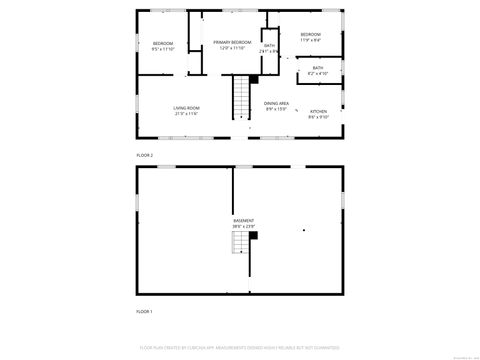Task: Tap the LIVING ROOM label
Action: click(186, 108)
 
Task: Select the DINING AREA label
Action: click(277, 104)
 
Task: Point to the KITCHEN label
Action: click(319, 111)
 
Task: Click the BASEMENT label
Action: click(244, 220)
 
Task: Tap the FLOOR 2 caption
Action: click(145, 155)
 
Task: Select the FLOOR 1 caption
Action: click(145, 312)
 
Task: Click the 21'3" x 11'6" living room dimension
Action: click(186, 114)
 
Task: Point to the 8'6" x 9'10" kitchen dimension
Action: click(319, 117)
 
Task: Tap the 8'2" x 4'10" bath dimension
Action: click(317, 74)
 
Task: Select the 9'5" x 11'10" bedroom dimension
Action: click(163, 49)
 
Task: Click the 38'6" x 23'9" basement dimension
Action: click(244, 226)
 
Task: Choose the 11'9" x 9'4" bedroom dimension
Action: click(310, 41)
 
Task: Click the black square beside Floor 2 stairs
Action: click(254, 78)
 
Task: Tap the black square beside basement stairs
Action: click(254, 234)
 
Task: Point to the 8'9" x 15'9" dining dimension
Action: click(277, 110)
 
